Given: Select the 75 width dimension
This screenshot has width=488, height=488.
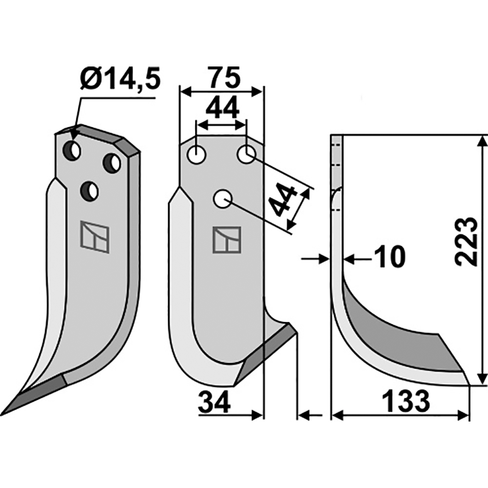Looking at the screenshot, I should click(222, 77).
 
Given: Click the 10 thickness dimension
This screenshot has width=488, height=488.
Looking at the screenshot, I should click(389, 258).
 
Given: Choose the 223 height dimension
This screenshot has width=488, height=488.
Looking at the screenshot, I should click(466, 240).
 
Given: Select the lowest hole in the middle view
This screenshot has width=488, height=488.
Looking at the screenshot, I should click(222, 198).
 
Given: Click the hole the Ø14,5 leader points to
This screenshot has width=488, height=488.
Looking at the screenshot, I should click(73, 149).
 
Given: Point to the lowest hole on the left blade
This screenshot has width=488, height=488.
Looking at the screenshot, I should click(90, 192).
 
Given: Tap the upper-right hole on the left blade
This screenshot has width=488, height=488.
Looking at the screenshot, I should click(112, 162).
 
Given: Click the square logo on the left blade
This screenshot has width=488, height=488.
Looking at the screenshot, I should click(95, 238).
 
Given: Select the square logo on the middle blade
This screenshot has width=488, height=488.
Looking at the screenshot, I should click(226, 240).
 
